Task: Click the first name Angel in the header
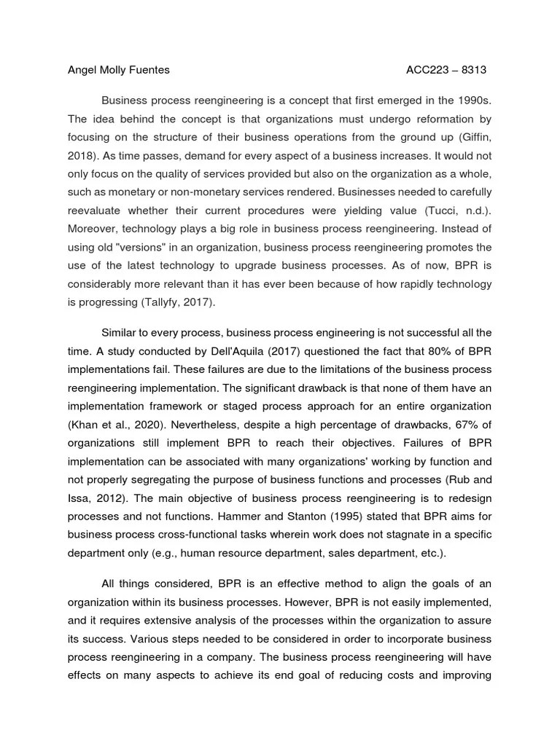point(82,70)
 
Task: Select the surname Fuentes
point(149,70)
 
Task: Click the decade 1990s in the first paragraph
point(471,101)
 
